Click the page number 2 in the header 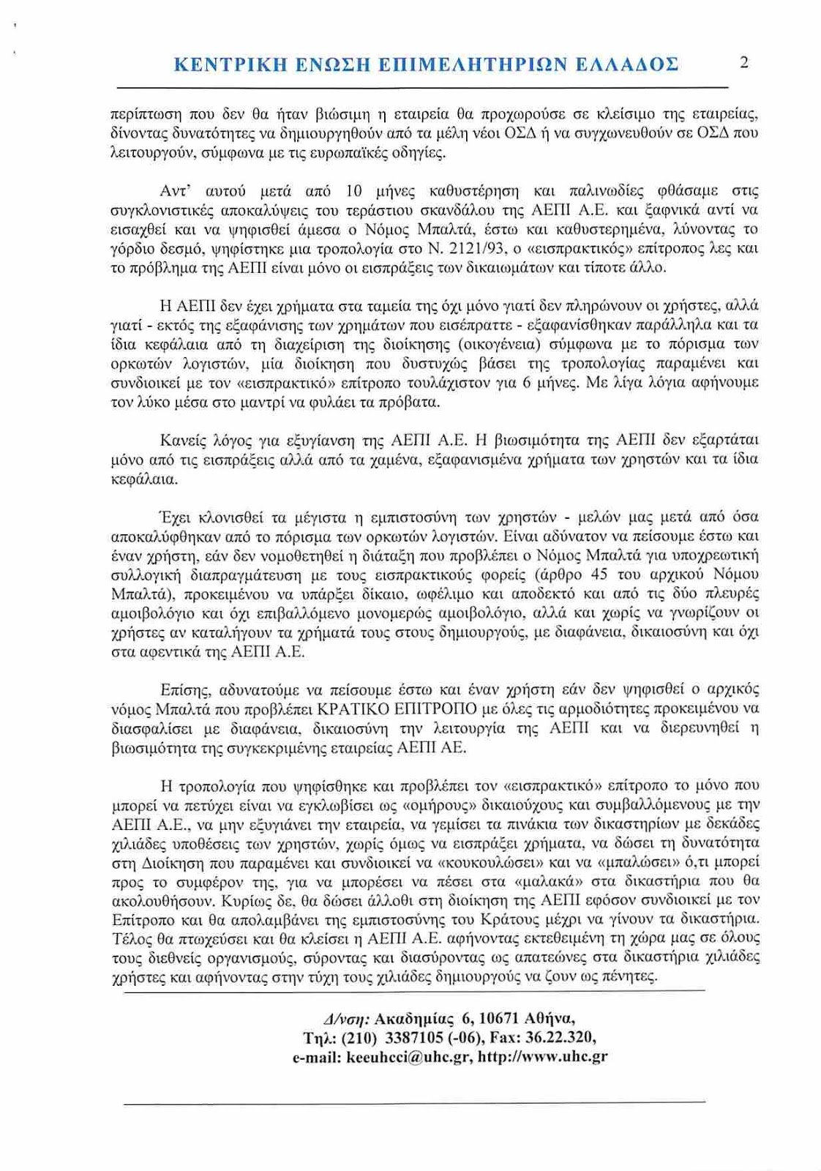[x=744, y=62]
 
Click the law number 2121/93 [x=473, y=249]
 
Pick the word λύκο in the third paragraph [x=143, y=402]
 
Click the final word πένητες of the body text [x=631, y=976]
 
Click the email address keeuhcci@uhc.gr [x=409, y=1057]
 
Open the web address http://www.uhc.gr [x=542, y=1057]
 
